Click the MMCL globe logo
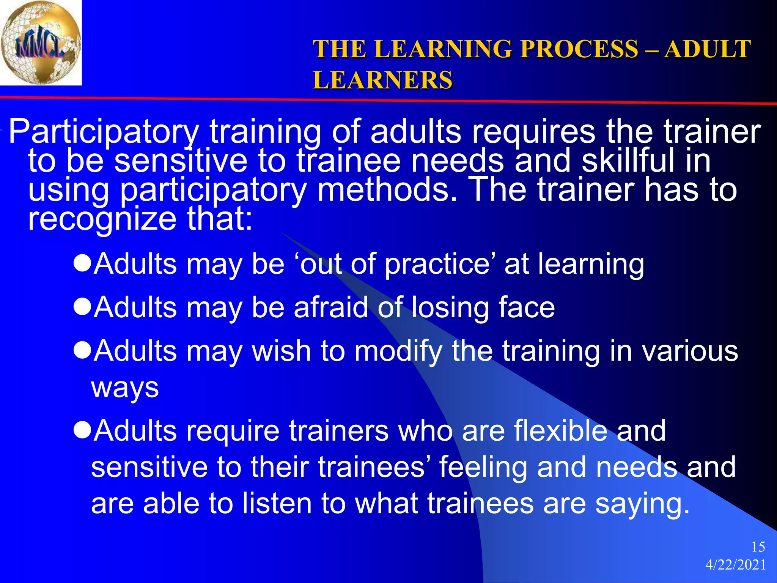coord(41,43)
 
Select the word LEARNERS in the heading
coord(382,80)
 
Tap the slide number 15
coord(758,547)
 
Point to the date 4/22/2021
coord(736,565)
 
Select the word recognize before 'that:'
coord(102,220)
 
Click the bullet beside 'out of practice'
coord(82,263)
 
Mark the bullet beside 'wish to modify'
coord(82,350)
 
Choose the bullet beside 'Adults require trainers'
coord(82,430)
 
